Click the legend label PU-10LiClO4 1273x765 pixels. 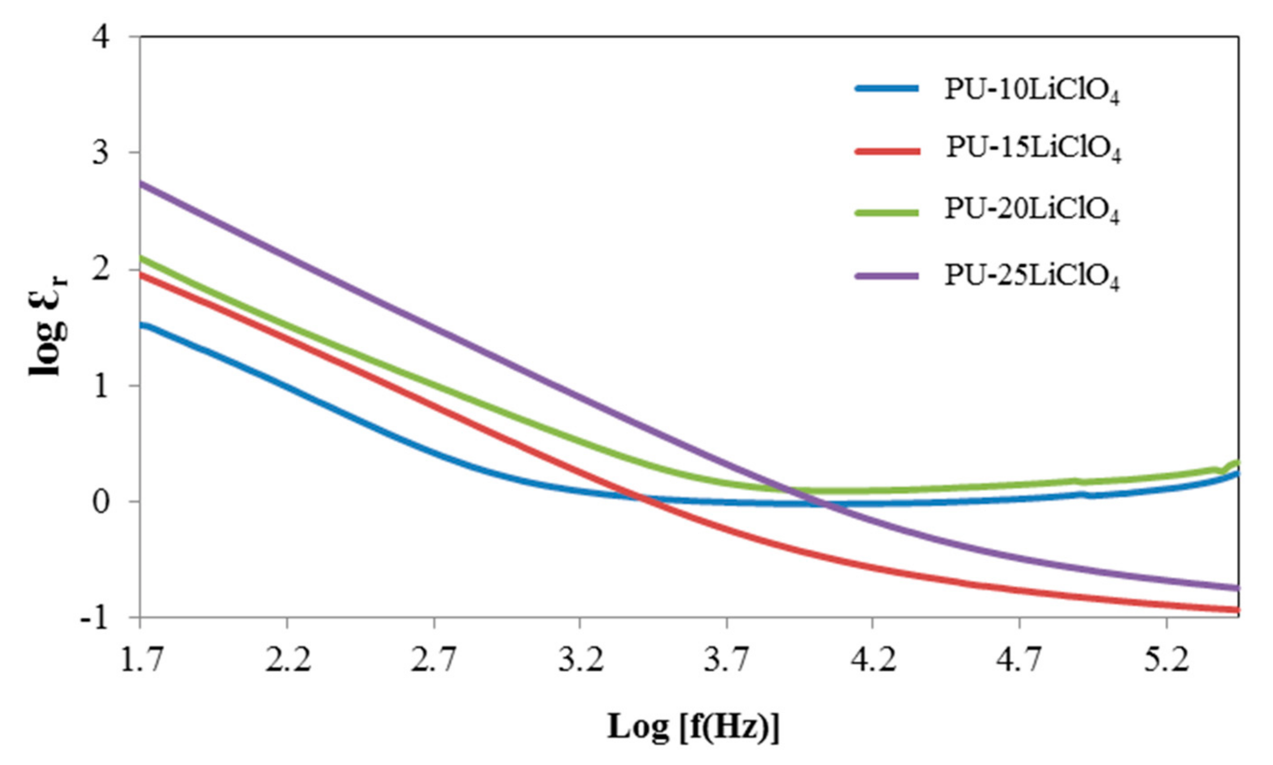click(x=1032, y=91)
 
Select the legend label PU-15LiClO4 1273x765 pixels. click(x=1033, y=149)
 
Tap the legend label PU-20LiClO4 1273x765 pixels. click(x=1032, y=211)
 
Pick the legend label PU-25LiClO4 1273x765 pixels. click(x=1032, y=277)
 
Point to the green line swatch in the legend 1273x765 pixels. click(x=887, y=212)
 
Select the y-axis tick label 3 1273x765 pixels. click(x=101, y=153)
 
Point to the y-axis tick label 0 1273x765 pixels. click(x=101, y=501)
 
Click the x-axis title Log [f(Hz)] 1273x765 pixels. click(x=693, y=727)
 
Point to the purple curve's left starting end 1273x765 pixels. click(x=142, y=184)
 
